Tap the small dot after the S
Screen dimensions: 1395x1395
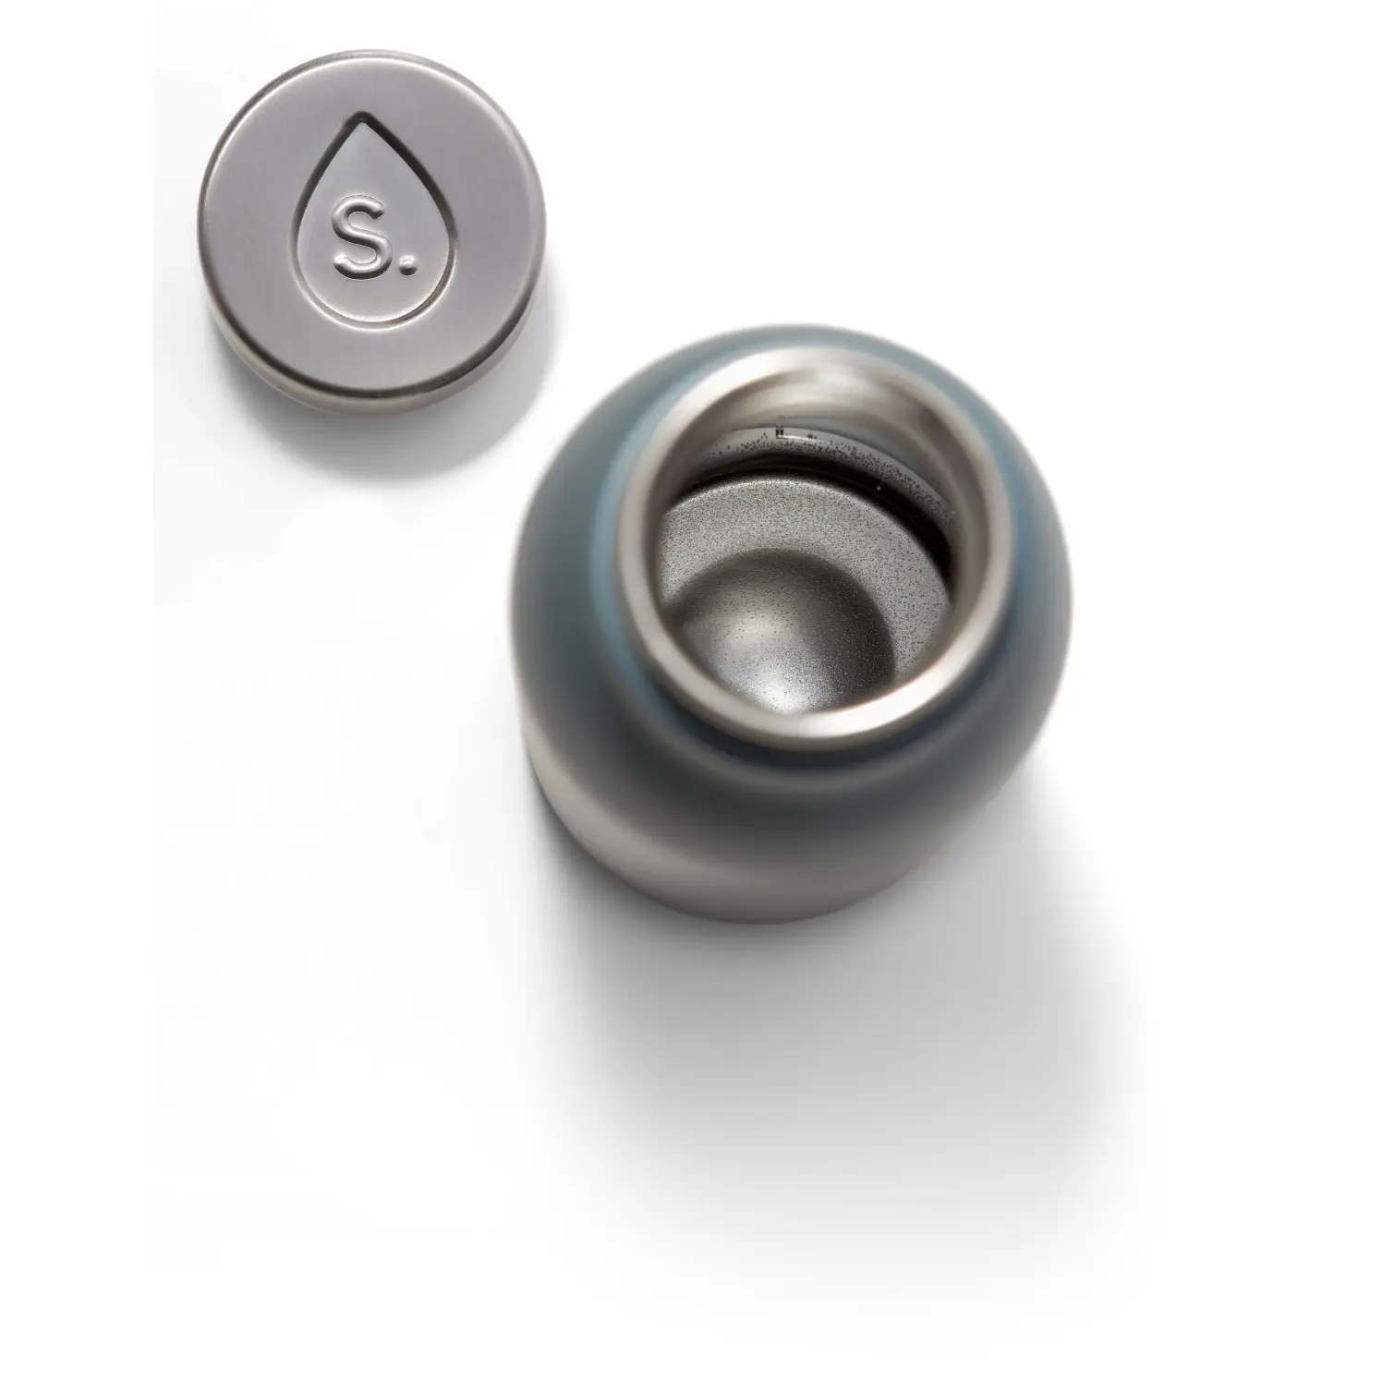pyautogui.click(x=406, y=269)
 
